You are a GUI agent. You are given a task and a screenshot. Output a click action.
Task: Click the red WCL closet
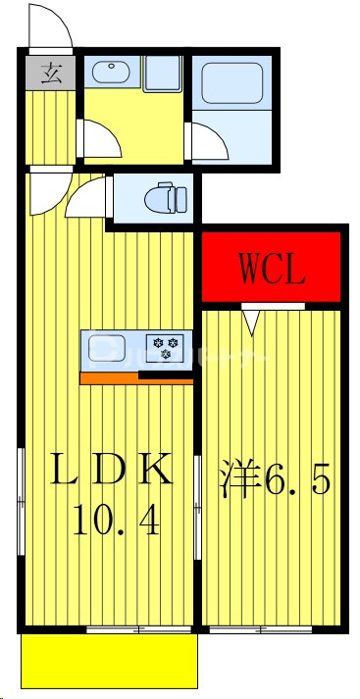point(272,267)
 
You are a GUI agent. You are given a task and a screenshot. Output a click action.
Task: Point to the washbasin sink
point(110,74)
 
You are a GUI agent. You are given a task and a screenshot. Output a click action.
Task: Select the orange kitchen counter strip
point(109,376)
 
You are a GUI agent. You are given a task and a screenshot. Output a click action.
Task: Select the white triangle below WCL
point(251,319)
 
